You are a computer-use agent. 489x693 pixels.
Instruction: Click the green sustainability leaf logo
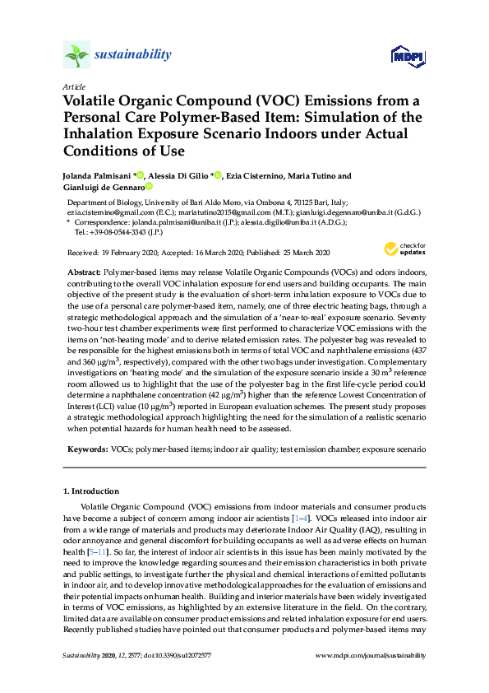pyautogui.click(x=76, y=56)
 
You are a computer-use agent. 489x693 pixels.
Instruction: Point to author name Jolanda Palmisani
pyautogui.click(x=97, y=176)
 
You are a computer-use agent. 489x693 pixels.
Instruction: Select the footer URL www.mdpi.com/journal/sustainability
pyautogui.click(x=371, y=656)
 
